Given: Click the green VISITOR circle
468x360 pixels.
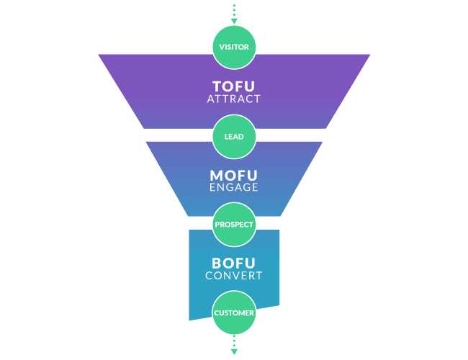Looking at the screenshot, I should coord(234,47).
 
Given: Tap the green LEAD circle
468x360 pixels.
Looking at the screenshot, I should coord(234,136).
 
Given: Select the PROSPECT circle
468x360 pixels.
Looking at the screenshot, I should coord(234,224).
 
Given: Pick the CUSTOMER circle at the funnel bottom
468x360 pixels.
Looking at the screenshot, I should coord(234,313).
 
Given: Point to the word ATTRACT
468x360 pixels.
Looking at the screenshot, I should coord(234,99).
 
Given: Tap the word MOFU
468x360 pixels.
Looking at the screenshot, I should coord(234,175).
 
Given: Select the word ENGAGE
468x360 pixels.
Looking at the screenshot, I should coord(234,187).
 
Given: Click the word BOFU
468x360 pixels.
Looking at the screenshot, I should coord(234,263).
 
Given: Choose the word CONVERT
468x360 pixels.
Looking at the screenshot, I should coord(234,275).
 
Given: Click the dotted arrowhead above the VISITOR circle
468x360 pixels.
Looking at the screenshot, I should coord(234,21).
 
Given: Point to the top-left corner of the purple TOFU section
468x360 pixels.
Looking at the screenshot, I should coord(99,55).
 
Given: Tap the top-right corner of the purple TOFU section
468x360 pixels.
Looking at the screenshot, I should coord(370,55).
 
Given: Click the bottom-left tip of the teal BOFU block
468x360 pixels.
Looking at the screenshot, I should coord(189,320).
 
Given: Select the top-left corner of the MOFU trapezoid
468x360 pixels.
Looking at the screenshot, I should coord(145,142).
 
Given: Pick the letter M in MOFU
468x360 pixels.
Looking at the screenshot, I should coord(215,175).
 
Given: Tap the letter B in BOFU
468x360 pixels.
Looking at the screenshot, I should coord(217,263).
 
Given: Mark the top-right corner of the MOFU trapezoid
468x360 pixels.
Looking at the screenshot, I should coord(323,142).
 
